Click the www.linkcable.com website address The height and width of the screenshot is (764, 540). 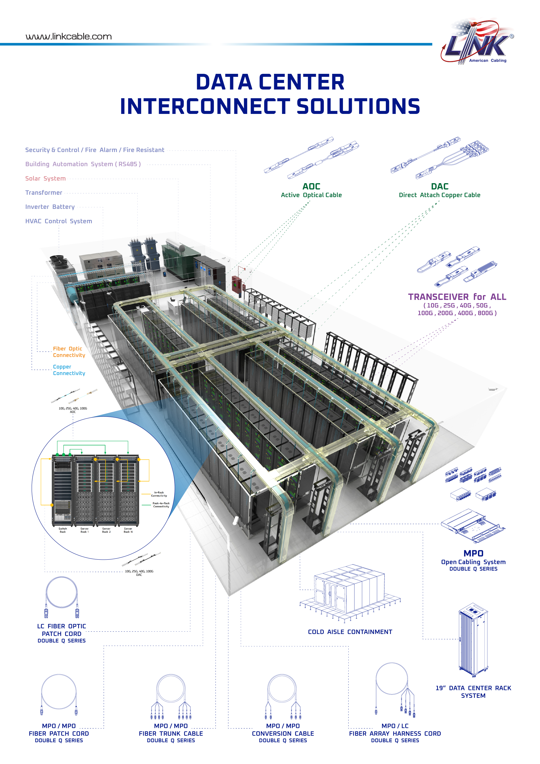coord(69,37)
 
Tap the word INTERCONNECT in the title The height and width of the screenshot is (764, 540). coord(205,106)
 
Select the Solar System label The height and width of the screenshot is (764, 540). coord(46,179)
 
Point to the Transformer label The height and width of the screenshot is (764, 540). coord(44,193)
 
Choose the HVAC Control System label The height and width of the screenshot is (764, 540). coord(59,221)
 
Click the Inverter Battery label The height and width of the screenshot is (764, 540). coord(50,207)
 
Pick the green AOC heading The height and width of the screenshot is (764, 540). coord(311,186)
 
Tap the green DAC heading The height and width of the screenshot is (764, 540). coord(440,186)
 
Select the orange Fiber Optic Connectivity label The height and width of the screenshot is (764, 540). coord(69,352)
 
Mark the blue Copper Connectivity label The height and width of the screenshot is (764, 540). coord(69,370)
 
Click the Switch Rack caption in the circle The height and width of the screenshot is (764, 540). coord(62,530)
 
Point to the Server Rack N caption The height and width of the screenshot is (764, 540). coord(128,530)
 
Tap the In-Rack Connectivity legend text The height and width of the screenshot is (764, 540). coord(159,494)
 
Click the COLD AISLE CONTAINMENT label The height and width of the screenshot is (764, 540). coord(350,632)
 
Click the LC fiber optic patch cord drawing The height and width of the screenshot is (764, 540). coord(62,598)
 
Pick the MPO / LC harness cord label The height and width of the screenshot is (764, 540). coord(395,726)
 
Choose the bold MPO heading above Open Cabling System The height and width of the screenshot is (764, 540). coord(473,553)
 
